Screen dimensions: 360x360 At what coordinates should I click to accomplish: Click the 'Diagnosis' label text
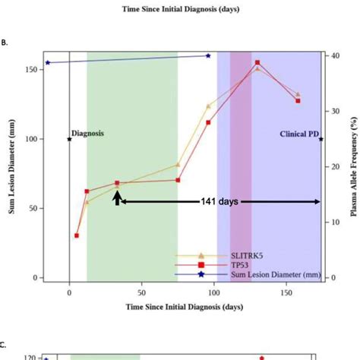pyautogui.click(x=88, y=133)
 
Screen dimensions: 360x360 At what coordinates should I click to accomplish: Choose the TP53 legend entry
pyautogui.click(x=243, y=264)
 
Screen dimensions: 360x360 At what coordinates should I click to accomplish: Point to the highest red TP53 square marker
pyautogui.click(x=257, y=63)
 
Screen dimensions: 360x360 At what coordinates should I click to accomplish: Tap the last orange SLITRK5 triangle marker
pyautogui.click(x=298, y=95)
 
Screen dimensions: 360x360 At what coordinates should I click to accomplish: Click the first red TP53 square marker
pyautogui.click(x=77, y=235)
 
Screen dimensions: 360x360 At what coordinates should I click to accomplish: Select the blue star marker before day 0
pyautogui.click(x=48, y=63)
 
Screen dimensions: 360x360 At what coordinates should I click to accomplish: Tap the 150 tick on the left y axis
pyautogui.click(x=30, y=70)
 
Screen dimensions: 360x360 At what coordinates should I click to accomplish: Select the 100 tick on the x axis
pyautogui.click(x=213, y=291)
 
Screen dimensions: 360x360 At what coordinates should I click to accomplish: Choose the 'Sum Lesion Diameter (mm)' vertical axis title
pyautogui.click(x=13, y=166)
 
